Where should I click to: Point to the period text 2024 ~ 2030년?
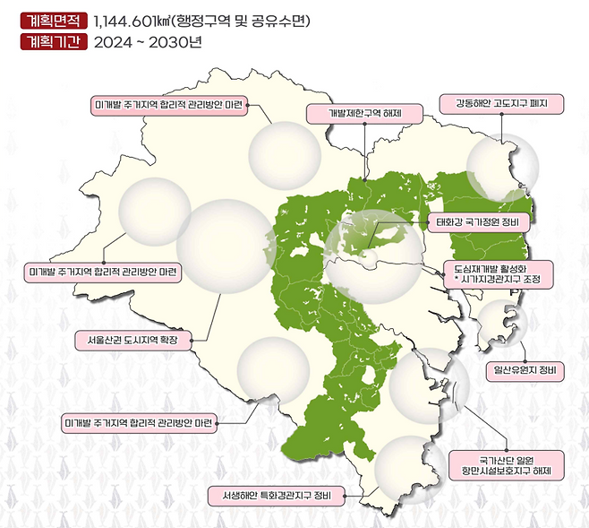tap(144, 41)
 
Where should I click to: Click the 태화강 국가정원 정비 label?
tap(479, 220)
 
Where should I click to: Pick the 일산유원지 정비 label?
tap(525, 369)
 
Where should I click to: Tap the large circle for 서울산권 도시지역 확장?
tap(224, 247)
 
